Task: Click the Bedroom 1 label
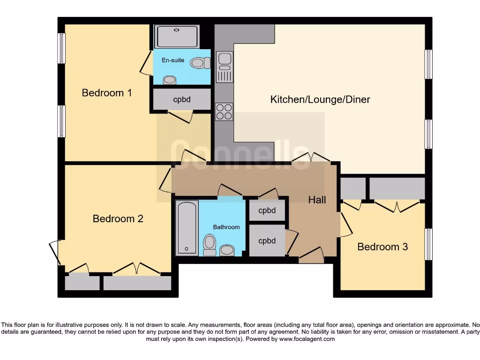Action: (x=106, y=93)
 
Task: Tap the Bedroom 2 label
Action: (x=118, y=218)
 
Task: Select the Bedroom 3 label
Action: (x=382, y=247)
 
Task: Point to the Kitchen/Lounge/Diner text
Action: (x=320, y=99)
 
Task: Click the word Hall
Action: (x=317, y=200)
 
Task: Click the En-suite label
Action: (x=173, y=60)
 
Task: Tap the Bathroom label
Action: (x=226, y=227)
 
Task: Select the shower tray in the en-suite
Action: (x=177, y=37)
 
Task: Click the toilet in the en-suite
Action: (x=200, y=62)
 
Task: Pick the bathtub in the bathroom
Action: (x=187, y=228)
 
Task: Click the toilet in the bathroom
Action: (x=210, y=245)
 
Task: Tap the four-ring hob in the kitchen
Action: (x=224, y=112)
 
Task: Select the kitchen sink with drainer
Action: (x=224, y=67)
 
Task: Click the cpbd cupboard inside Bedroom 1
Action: (x=182, y=99)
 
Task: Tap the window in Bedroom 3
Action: (x=428, y=244)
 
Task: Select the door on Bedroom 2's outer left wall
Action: (x=55, y=252)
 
